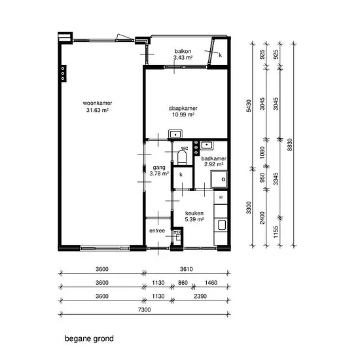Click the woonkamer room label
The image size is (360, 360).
pos(98,103)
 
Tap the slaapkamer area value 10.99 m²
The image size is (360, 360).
pos(183,115)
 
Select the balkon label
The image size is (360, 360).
pos(183,51)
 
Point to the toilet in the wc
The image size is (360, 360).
pos(182,158)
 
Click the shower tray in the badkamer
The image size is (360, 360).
pos(219,179)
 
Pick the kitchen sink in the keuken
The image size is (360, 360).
pos(221,225)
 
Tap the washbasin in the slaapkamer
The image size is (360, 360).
pos(175,134)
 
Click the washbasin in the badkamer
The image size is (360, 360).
pos(207,145)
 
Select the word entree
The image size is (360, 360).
pos(157,231)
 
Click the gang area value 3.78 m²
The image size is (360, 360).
pos(159,173)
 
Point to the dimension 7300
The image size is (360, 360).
pos(145,310)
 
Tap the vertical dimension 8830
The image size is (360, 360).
pos(290,145)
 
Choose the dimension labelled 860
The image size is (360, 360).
pos(183,283)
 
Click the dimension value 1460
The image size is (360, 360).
pos(211,283)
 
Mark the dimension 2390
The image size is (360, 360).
pos(200,296)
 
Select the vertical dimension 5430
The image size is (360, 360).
pos(249,106)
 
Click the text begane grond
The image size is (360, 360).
pos(89,338)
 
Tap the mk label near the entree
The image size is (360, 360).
pos(177,232)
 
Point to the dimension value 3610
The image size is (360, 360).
pos(186,269)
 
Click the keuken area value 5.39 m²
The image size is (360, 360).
pos(194,219)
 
